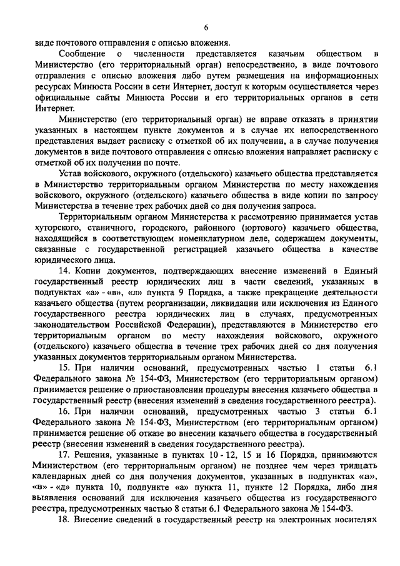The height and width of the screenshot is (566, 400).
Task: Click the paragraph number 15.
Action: point(62,368)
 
